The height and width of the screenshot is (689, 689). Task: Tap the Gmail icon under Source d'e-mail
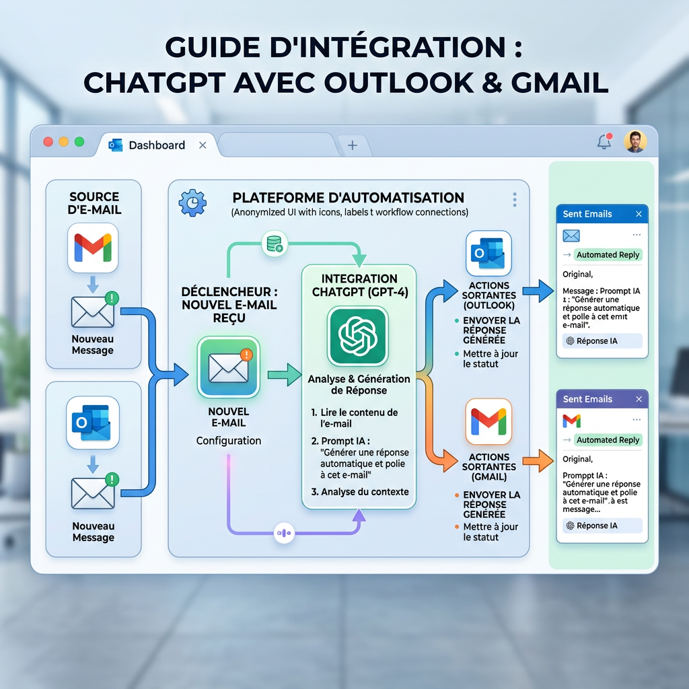point(93,248)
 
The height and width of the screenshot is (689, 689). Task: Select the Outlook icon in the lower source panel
point(93,422)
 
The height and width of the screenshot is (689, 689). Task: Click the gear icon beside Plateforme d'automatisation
point(192,203)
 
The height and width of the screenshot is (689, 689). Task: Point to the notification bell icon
point(604,141)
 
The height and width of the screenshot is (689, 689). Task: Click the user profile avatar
point(635,141)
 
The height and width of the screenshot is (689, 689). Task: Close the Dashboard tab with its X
point(202,145)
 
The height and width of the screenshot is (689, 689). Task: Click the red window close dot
point(48,142)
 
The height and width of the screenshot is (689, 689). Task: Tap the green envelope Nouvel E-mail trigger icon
point(229,367)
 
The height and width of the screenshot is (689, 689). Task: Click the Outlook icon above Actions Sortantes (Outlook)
point(489,254)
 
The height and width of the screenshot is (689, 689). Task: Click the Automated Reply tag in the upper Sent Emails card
point(608,255)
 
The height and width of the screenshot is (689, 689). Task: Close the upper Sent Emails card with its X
point(639,214)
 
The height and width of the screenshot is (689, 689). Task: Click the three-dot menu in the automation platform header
point(514,200)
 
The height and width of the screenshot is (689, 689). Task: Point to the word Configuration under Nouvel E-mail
point(229,441)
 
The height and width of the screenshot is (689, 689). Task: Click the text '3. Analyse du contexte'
point(360,492)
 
